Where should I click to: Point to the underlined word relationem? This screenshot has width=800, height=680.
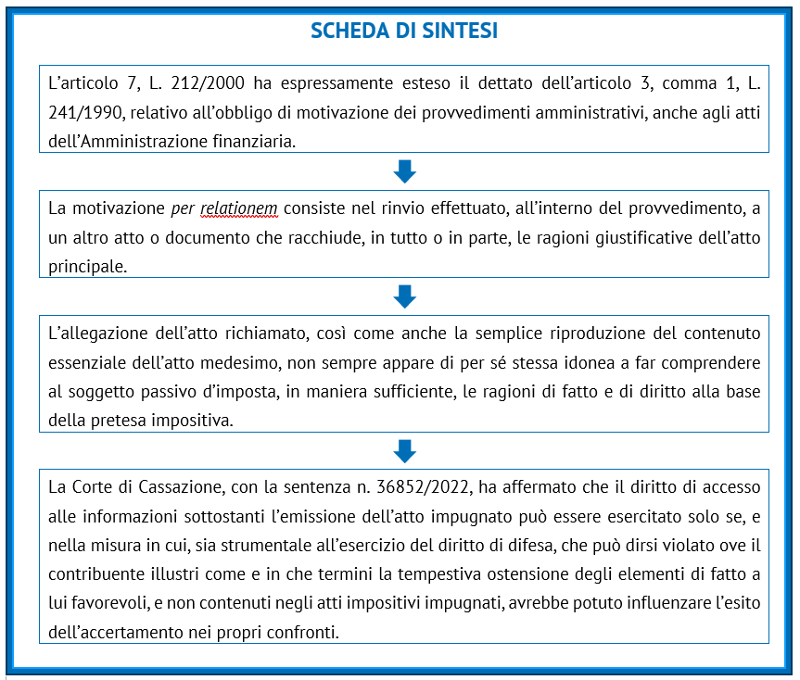(238, 208)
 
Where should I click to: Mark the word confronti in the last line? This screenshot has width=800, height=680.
(306, 634)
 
